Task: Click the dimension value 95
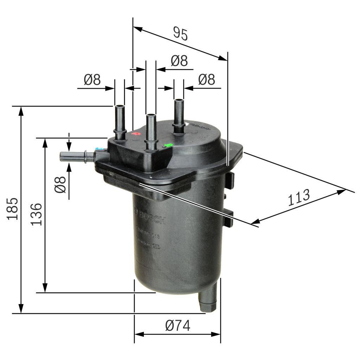(x=181, y=34)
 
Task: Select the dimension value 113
(x=299, y=198)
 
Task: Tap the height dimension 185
(x=13, y=209)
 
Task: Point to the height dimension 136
(x=37, y=214)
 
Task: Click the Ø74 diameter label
(x=178, y=326)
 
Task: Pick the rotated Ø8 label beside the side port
(x=60, y=185)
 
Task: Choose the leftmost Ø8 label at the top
(x=92, y=80)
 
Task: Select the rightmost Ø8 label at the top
(x=206, y=79)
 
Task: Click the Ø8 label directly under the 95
(x=179, y=61)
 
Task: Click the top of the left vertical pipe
(x=119, y=106)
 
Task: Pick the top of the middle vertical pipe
(x=151, y=116)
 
